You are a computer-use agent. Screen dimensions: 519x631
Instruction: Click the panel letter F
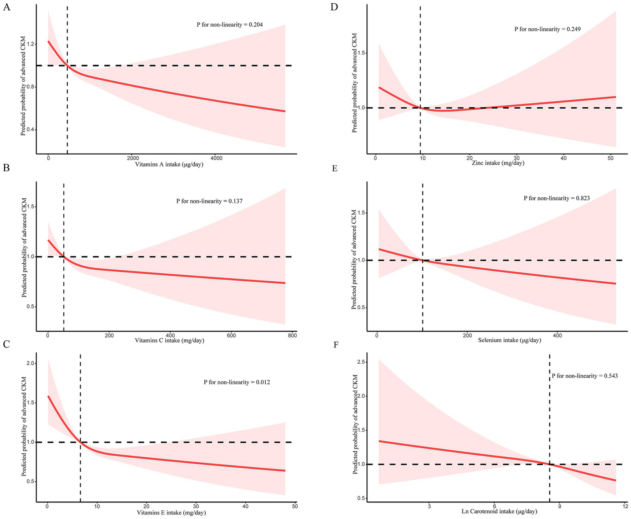click(x=336, y=344)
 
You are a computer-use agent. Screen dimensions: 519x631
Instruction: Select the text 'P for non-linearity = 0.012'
click(x=237, y=382)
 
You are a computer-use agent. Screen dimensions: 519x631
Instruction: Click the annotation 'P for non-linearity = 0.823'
click(x=557, y=198)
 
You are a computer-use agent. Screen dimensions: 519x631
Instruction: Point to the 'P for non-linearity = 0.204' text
click(x=229, y=25)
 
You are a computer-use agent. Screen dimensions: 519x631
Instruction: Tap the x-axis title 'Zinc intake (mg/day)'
click(x=498, y=163)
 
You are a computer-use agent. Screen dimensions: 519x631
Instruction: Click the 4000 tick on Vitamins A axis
click(x=216, y=158)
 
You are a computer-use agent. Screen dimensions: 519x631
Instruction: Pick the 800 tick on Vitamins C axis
click(x=292, y=335)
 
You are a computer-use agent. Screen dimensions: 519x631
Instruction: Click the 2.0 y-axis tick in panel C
click(x=31, y=364)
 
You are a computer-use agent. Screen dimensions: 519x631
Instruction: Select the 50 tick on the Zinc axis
click(x=611, y=158)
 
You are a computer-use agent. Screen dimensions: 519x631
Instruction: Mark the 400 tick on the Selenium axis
click(x=557, y=335)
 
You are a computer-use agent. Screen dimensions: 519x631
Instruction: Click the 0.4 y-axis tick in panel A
click(x=30, y=130)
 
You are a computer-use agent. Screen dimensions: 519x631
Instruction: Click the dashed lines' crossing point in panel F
click(x=550, y=464)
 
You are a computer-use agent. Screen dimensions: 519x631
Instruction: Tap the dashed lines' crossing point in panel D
click(x=420, y=108)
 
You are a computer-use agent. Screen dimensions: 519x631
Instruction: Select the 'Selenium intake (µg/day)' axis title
click(x=509, y=340)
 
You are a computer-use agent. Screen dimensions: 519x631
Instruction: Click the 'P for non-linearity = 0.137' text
click(x=209, y=201)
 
